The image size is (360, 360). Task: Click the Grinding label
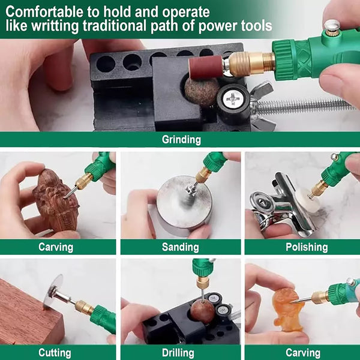[x=181, y=140]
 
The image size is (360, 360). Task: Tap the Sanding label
[x=180, y=247]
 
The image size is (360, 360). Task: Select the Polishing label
[x=307, y=247]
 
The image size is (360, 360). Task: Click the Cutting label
[x=55, y=353]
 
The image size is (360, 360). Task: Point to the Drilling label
[x=178, y=353]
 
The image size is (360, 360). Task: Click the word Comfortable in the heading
[x=45, y=12]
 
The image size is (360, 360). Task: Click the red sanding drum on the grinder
[x=206, y=67]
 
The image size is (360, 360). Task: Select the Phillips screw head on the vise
[x=233, y=99]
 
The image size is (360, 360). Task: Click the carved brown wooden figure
[x=56, y=200]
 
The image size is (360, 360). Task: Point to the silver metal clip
[x=284, y=206]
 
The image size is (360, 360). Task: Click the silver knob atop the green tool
[x=332, y=25]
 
